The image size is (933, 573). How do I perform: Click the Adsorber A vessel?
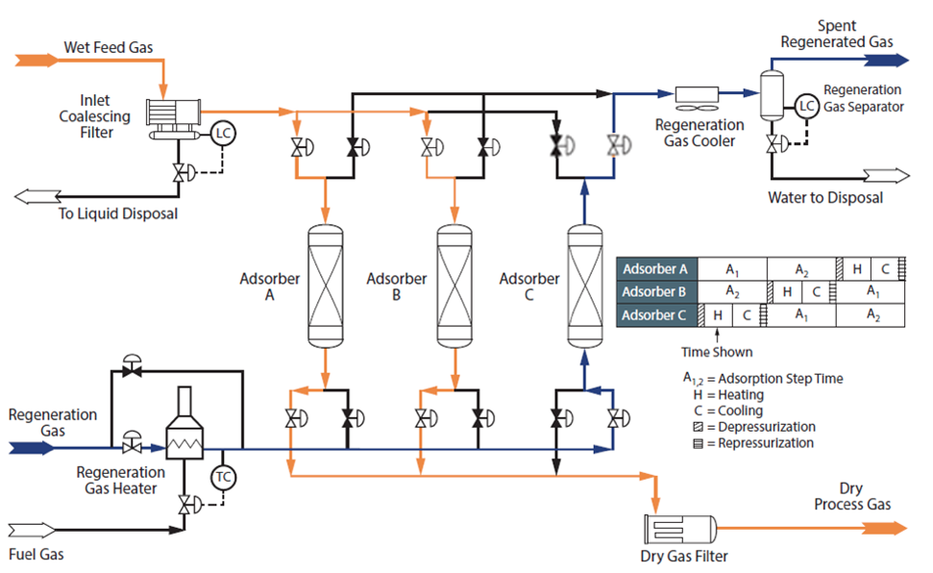(x=326, y=286)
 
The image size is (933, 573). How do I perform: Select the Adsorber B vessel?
(x=454, y=286)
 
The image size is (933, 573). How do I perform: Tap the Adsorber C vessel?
(x=585, y=286)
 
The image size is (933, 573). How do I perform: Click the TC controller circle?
(x=223, y=477)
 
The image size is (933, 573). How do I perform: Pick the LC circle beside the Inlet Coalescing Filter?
(x=223, y=134)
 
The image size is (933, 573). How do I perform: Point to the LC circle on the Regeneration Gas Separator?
(x=807, y=106)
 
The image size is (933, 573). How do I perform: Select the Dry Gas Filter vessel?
(x=680, y=529)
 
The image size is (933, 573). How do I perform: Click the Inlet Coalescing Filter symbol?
(x=174, y=119)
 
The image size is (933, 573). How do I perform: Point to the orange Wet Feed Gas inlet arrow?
(x=37, y=61)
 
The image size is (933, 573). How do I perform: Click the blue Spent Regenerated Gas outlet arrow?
(x=887, y=61)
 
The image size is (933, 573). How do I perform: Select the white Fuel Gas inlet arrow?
(x=31, y=530)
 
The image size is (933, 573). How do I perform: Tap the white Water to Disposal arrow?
(x=887, y=176)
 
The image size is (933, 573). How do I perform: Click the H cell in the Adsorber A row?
(x=857, y=268)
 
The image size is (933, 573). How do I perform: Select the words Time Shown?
(x=717, y=352)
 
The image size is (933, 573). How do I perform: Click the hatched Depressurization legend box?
(x=699, y=427)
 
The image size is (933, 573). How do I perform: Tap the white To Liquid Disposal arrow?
(x=37, y=196)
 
